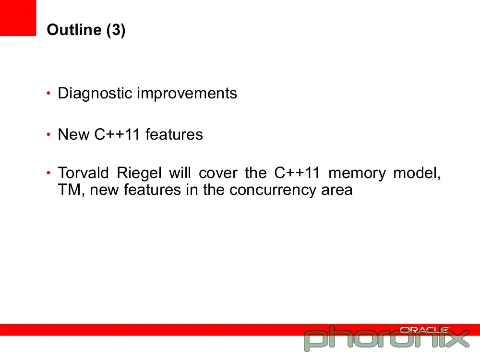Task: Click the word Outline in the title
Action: pos(74,30)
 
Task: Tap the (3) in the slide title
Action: pos(116,30)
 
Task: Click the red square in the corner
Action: pos(18,18)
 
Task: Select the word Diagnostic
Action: pos(95,94)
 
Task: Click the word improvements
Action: pos(187,94)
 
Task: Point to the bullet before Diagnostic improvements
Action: pos(48,93)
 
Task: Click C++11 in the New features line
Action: pos(117,134)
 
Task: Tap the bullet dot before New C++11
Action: pos(48,134)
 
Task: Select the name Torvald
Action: pos(83,173)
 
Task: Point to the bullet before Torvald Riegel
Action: pos(48,173)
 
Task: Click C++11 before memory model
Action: pos(297,173)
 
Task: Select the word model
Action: pos(417,173)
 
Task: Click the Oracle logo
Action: pos(424,330)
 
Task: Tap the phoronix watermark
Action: pos(386,338)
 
